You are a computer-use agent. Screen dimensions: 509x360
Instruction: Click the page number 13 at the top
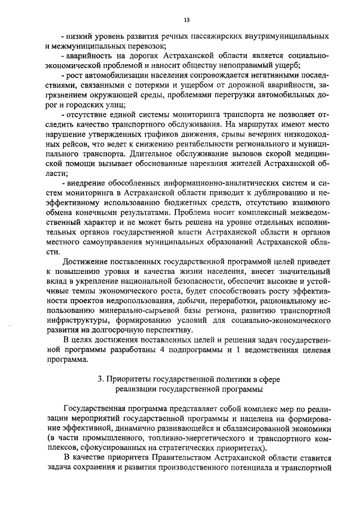pos(186,21)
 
